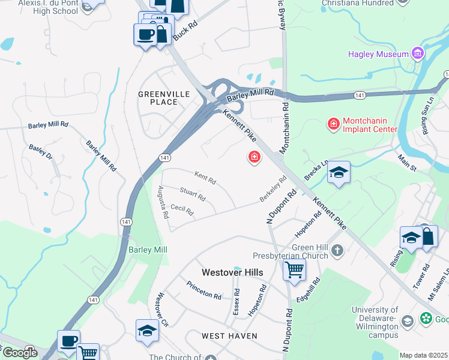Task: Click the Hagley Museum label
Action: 379,55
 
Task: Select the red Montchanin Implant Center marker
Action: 333,124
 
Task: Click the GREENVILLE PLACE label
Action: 164,98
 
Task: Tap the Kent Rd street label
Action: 205,178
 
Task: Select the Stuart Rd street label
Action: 193,194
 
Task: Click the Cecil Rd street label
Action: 182,210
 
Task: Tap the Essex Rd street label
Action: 237,302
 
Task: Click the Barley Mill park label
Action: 148,250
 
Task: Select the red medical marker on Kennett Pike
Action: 255,158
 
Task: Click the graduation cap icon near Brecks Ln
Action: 339,173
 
